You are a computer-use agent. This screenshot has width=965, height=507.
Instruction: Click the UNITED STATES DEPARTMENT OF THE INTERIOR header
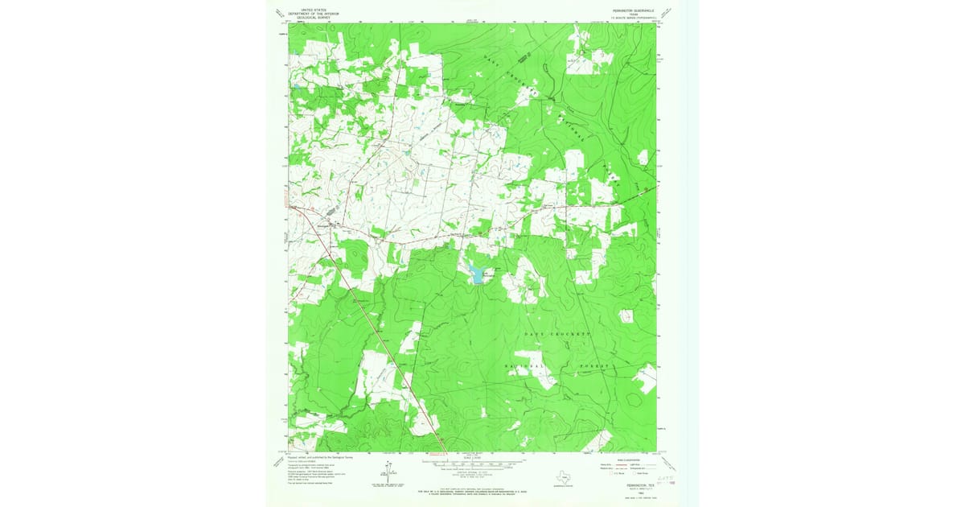[x=316, y=13]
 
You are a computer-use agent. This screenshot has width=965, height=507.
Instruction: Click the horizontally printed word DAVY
[x=535, y=333]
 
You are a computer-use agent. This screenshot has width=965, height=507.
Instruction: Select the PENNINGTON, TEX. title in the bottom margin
[x=622, y=474]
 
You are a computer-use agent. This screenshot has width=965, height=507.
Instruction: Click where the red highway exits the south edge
[x=444, y=449]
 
